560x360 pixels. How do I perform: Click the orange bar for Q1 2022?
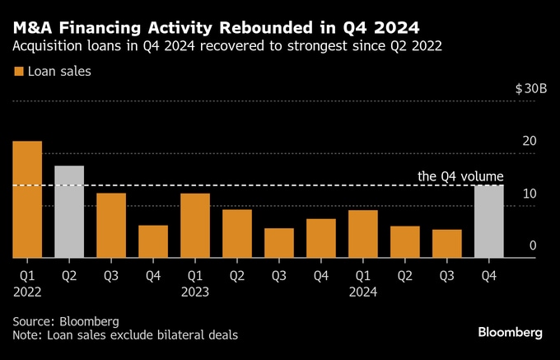point(27,199)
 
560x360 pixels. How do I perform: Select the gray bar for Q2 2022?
point(69,212)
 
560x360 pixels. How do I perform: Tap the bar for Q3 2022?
point(111,225)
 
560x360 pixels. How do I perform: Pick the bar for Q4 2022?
point(153,241)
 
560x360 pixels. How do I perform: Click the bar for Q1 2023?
point(195,225)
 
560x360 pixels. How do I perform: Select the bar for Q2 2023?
point(237,233)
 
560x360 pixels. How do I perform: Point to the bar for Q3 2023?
point(279,243)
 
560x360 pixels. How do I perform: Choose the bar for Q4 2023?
point(321,238)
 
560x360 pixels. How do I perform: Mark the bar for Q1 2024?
point(363,234)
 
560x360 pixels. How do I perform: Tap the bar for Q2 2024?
point(405,241)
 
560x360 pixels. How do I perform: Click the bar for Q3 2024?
point(447,243)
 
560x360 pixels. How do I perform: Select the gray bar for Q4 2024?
point(489,221)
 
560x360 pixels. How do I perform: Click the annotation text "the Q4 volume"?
point(460,175)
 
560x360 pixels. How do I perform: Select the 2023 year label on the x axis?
point(195,291)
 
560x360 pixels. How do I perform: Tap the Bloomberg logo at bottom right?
point(510,332)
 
